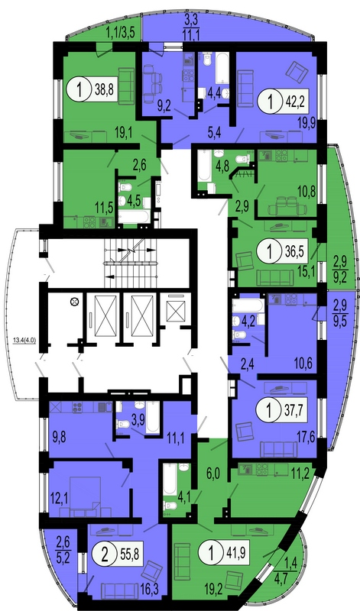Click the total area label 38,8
[x=104, y=90]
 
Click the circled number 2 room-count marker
[x=104, y=553]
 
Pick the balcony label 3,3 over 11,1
[x=192, y=24]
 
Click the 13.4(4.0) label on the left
[x=24, y=339]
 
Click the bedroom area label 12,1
[x=60, y=498]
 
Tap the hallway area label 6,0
[x=213, y=475]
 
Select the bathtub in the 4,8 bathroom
[x=204, y=166]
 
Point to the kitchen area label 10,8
[x=306, y=193]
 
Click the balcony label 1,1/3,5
[x=121, y=33]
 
